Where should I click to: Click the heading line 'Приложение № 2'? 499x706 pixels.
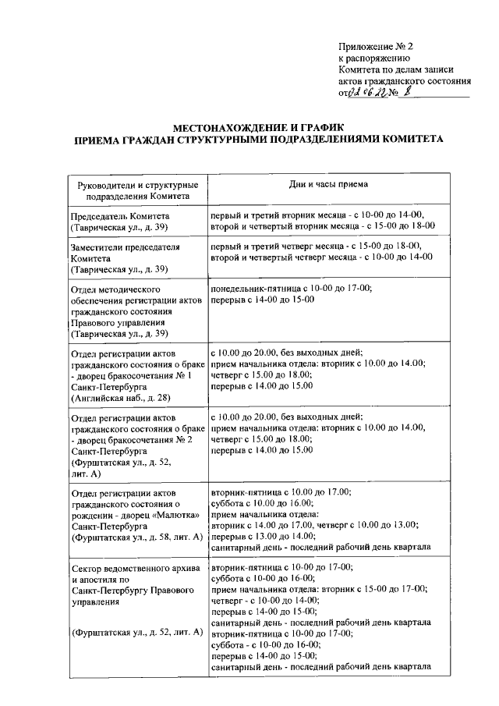point(376,45)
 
